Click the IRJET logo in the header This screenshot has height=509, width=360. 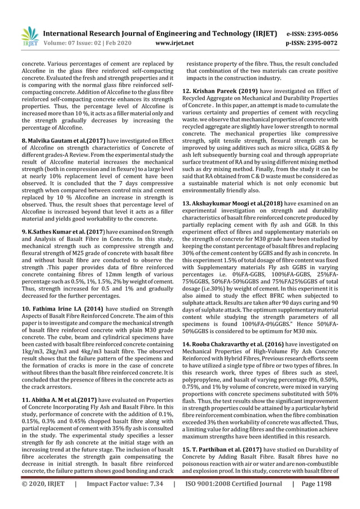[29, 37]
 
